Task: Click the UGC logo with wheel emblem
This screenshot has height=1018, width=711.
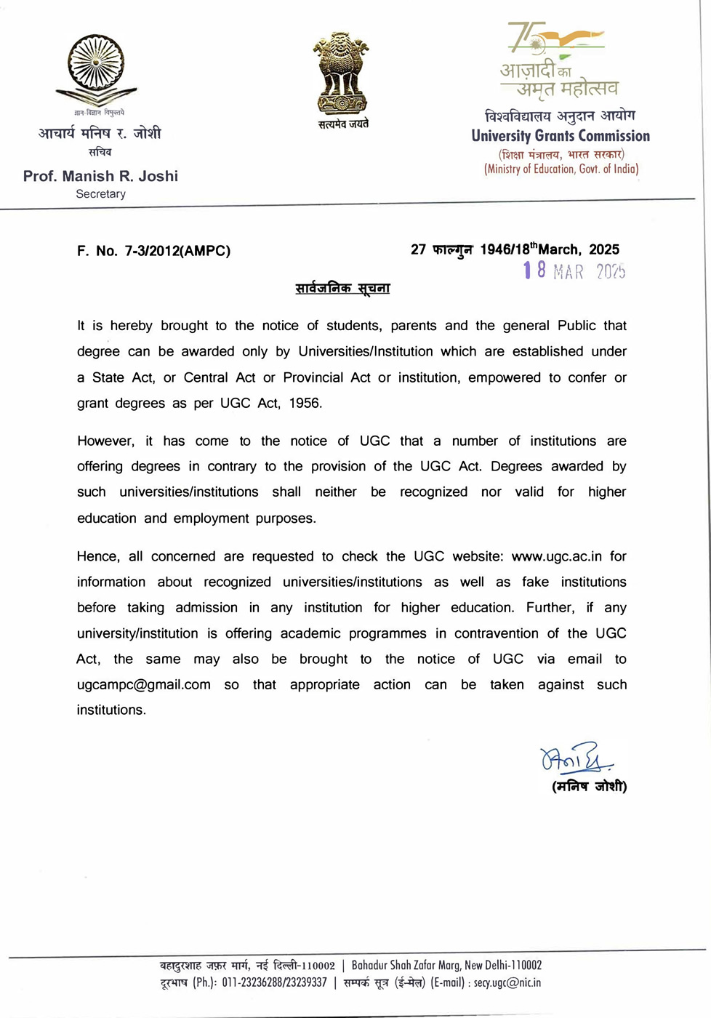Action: [x=96, y=71]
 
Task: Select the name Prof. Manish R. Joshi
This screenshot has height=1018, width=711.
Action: [x=100, y=176]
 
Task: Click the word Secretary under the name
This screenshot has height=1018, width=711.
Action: [x=100, y=194]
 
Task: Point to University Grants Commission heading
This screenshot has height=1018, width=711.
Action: [x=561, y=136]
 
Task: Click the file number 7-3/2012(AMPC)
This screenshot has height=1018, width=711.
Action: [x=177, y=251]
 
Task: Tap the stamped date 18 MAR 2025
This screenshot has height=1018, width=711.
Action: [x=574, y=271]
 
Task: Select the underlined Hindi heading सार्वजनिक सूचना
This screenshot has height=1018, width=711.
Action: [x=342, y=288]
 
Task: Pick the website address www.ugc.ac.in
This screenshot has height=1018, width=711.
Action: [x=556, y=556]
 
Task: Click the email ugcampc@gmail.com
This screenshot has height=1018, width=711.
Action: [x=144, y=684]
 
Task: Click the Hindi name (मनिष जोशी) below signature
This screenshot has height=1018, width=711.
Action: [x=589, y=786]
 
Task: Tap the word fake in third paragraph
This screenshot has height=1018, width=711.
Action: [x=535, y=582]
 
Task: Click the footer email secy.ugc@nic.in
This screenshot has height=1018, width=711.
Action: [x=507, y=983]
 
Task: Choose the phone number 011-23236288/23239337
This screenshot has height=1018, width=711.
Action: [x=274, y=983]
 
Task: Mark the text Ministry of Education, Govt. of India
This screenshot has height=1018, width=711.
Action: [x=561, y=169]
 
